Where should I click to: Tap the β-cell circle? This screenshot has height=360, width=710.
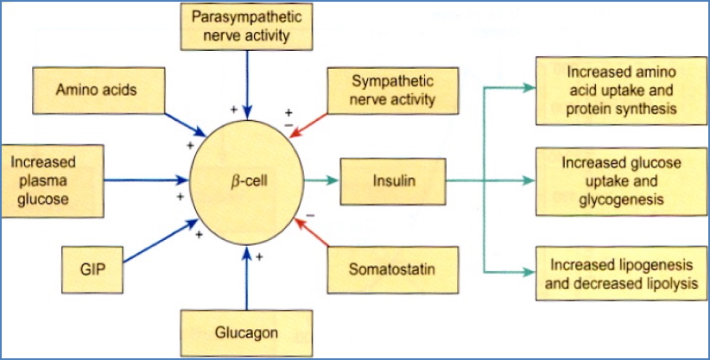coord(249,180)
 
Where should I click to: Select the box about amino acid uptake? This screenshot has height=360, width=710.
coord(617,90)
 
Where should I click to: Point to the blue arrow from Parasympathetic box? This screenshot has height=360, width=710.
coord(248,82)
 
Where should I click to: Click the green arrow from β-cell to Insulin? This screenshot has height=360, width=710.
coord(321,180)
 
